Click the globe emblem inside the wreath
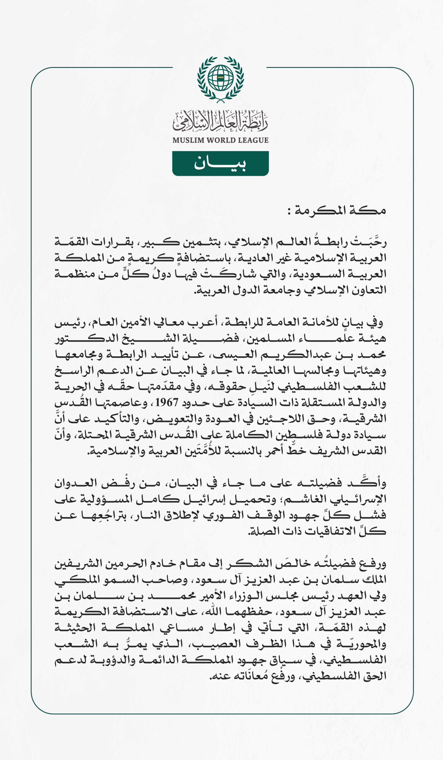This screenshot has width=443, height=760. [221, 77]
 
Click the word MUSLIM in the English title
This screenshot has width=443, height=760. [188, 140]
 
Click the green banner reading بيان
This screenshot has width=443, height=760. [220, 163]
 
